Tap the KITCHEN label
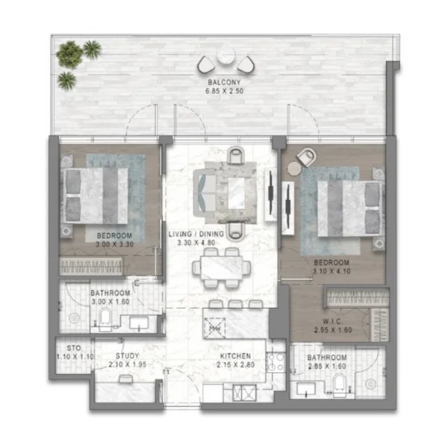tap(235, 356)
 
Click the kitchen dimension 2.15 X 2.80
tap(235, 366)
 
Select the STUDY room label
tap(128, 356)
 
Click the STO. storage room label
tap(73, 347)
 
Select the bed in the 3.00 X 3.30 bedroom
tap(96, 194)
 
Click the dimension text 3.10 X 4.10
tap(332, 273)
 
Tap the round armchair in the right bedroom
tap(305, 157)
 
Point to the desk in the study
tap(125, 381)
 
